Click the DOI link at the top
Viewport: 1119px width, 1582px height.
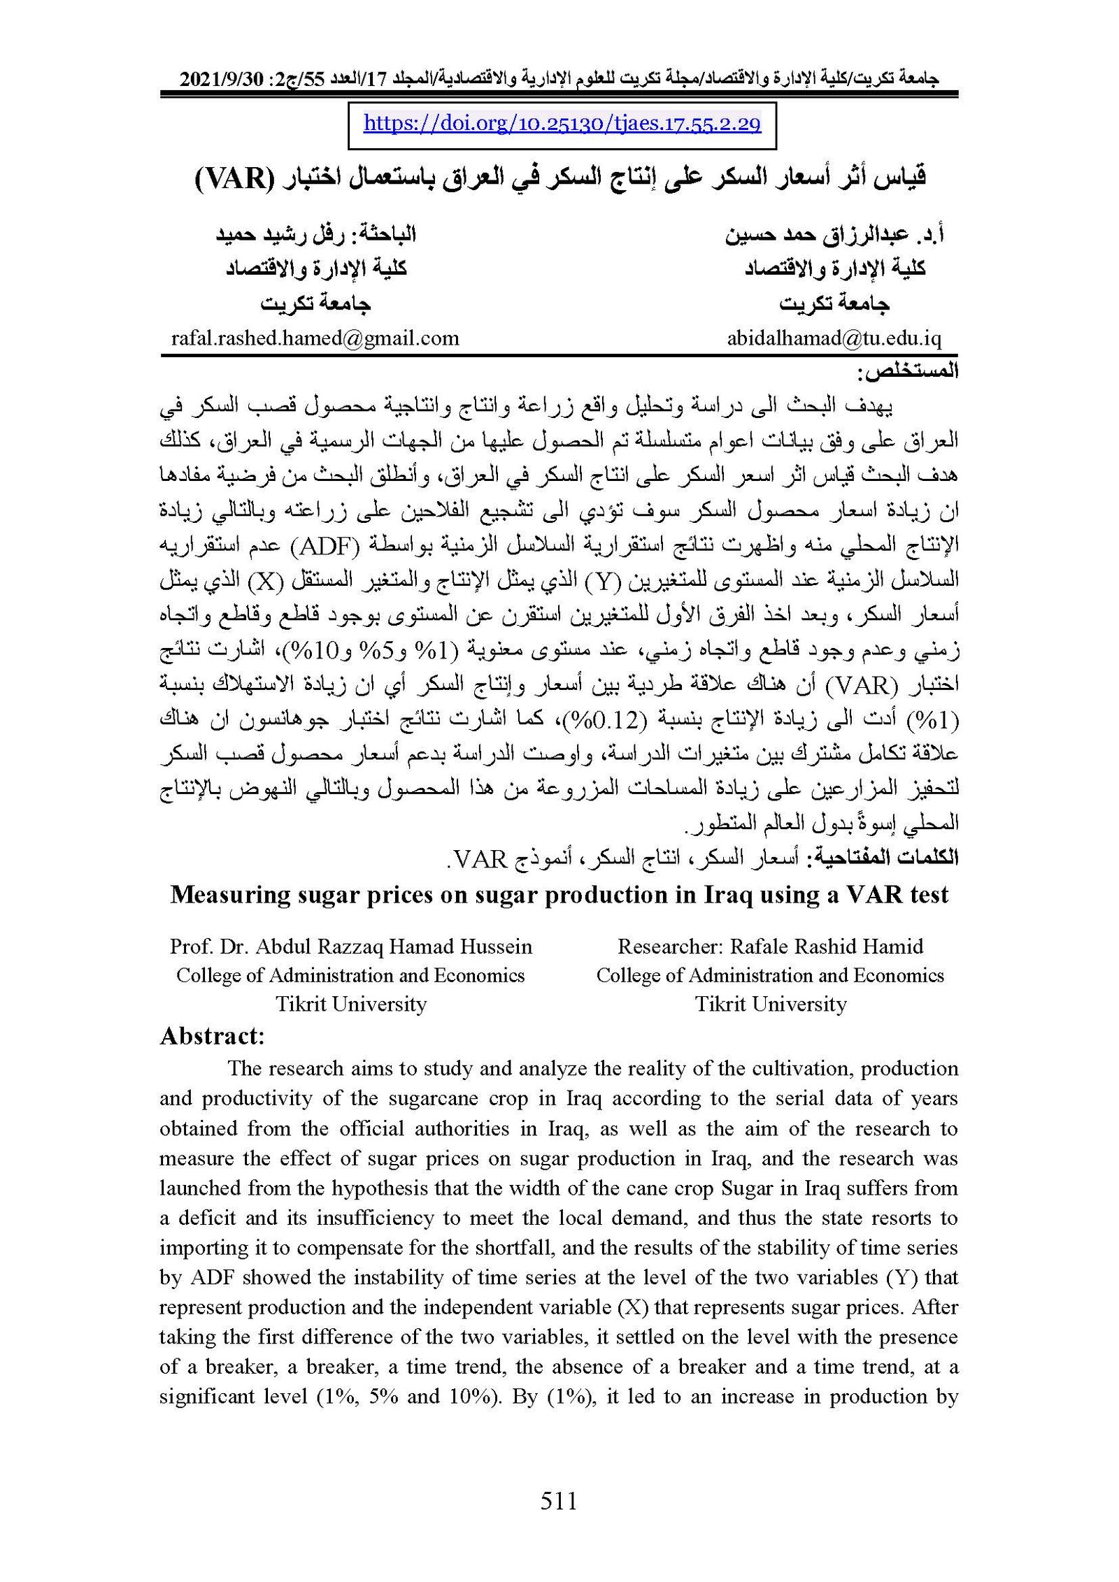[562, 124]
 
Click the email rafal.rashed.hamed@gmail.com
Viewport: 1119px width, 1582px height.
[315, 338]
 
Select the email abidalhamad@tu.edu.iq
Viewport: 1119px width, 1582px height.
[834, 338]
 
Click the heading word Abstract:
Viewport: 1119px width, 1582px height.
[212, 1035]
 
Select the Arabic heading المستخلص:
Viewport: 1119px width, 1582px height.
[908, 371]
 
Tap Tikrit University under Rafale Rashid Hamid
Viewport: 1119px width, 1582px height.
[770, 1004]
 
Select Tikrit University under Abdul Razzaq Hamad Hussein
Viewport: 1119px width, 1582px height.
[350, 1004]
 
